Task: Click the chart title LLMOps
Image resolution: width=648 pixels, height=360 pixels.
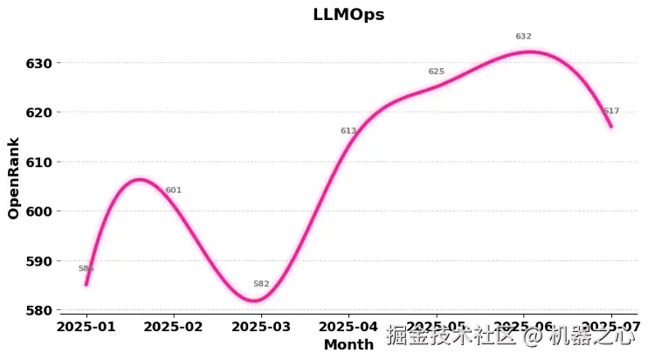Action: click(x=348, y=15)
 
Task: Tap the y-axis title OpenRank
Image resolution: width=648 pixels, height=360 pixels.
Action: click(x=13, y=177)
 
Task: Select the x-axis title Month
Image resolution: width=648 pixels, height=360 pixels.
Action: click(x=348, y=345)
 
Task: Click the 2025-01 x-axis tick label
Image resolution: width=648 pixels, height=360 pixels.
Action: click(x=86, y=327)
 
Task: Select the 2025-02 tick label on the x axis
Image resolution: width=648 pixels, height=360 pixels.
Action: click(x=174, y=327)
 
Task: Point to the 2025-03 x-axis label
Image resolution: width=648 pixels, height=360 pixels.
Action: click(x=261, y=327)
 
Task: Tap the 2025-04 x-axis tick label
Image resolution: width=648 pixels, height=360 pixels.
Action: click(x=348, y=327)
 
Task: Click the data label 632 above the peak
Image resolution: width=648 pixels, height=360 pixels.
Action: click(x=523, y=37)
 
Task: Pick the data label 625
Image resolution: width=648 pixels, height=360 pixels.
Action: click(x=436, y=72)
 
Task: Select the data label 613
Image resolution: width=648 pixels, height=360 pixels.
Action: click(x=348, y=131)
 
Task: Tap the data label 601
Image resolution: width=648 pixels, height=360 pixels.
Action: click(x=174, y=190)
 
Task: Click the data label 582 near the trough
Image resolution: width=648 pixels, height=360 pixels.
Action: click(x=261, y=284)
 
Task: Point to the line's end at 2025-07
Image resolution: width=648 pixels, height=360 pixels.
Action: click(x=611, y=127)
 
